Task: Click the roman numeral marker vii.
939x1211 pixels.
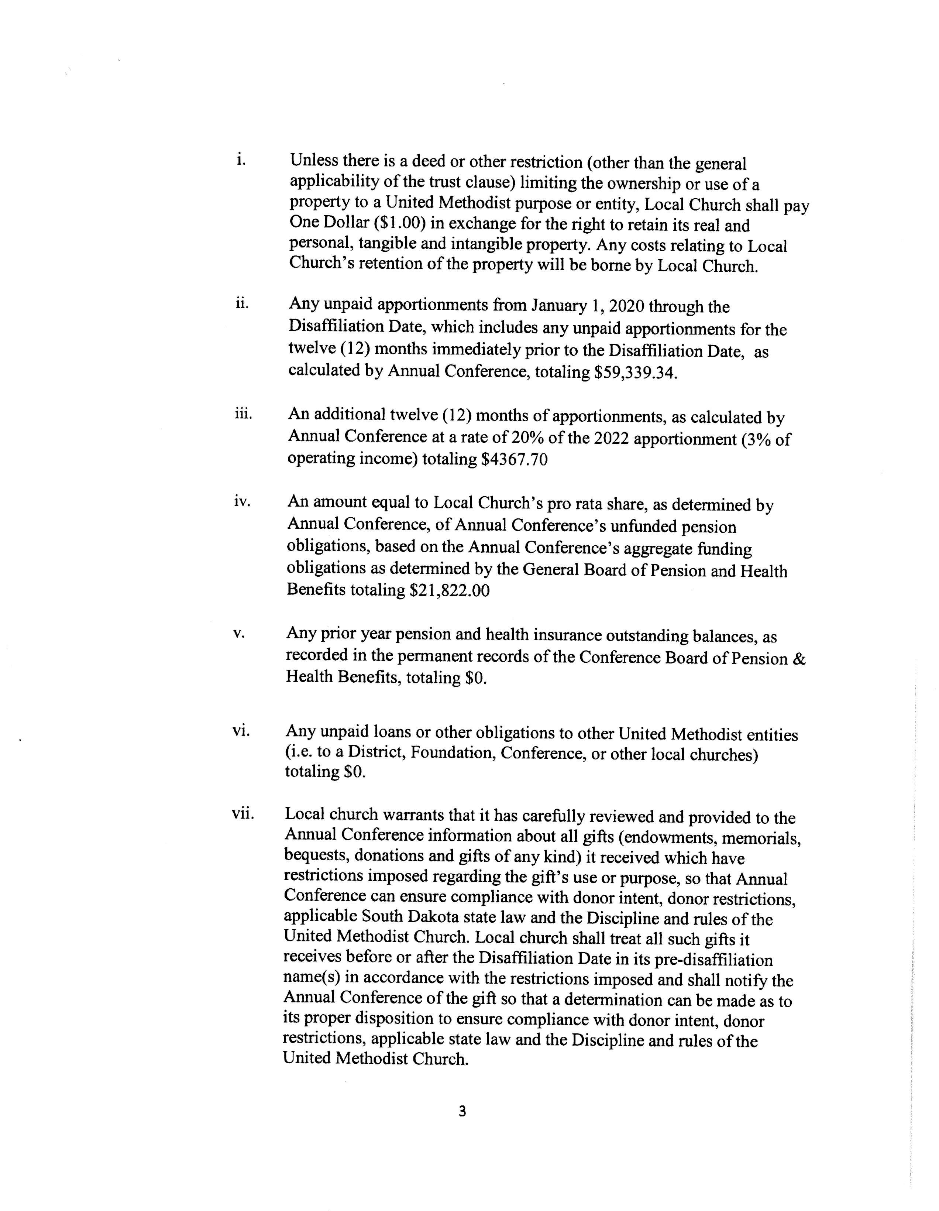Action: (x=243, y=814)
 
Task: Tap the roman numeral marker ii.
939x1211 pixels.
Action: (x=242, y=303)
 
